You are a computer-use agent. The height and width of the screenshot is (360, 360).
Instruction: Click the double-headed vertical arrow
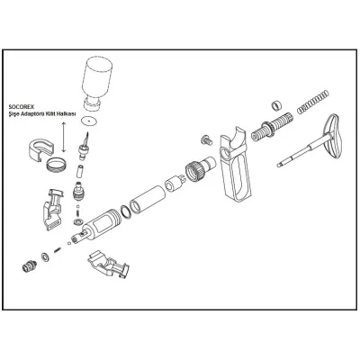63,137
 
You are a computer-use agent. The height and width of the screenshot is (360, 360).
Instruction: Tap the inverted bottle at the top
96,83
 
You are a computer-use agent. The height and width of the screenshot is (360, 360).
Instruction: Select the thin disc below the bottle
89,121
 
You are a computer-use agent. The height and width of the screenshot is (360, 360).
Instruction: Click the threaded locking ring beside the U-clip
56,164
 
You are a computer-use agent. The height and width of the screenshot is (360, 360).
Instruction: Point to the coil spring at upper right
313,102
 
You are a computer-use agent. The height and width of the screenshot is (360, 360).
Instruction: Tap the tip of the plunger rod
278,166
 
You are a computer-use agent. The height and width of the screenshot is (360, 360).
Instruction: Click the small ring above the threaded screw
276,105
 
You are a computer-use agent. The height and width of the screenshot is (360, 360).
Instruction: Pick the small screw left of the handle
206,139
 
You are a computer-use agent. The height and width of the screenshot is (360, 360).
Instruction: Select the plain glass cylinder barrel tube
148,201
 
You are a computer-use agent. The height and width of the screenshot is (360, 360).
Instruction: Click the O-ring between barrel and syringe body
125,211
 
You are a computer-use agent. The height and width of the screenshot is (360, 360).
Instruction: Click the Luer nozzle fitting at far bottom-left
29,265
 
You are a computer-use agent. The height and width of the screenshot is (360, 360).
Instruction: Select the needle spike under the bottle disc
84,144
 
